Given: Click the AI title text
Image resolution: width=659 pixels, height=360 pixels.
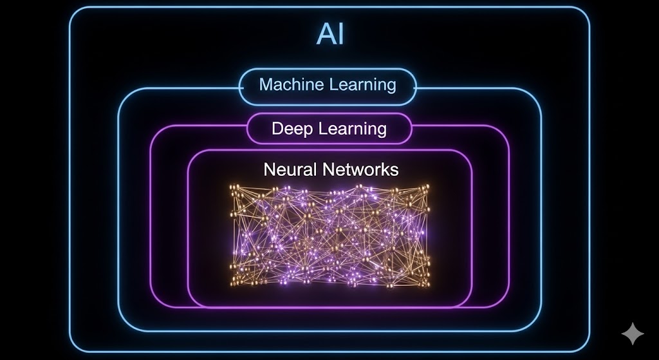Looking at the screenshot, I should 329,34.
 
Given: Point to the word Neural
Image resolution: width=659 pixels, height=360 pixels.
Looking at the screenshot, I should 290,169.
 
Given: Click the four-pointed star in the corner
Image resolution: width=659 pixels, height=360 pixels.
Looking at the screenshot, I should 632,334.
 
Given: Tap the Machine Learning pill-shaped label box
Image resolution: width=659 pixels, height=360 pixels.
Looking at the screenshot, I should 328,85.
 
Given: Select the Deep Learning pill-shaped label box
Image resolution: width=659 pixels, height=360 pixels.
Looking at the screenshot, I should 329,128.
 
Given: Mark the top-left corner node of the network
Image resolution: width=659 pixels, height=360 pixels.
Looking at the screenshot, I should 234,188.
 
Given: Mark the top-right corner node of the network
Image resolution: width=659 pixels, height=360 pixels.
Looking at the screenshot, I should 425,187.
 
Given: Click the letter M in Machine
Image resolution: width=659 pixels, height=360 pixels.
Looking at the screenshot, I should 265,84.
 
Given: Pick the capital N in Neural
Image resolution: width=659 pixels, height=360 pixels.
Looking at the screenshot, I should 270,169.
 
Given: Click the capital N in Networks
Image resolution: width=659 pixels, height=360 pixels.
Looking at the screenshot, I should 328,169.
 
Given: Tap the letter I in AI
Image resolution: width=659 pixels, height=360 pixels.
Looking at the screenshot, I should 340,34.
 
